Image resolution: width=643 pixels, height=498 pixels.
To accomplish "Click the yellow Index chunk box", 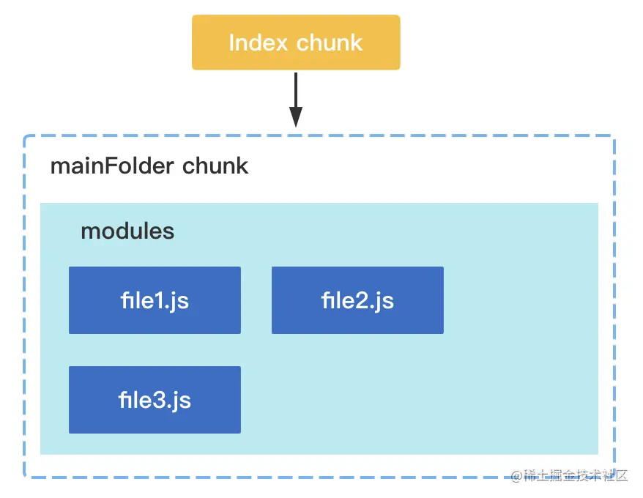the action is (x=296, y=42).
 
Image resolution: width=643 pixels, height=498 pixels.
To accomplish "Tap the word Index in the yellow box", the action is (x=258, y=42).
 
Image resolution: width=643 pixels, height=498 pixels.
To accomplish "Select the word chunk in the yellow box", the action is (x=330, y=42).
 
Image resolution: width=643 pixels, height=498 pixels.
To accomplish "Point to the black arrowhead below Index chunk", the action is (x=296, y=117).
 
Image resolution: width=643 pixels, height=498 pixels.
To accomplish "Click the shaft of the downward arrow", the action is (x=296, y=90).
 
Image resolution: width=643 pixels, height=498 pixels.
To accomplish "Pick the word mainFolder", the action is (x=112, y=166).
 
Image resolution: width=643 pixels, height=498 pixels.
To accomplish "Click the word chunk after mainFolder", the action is (x=215, y=166).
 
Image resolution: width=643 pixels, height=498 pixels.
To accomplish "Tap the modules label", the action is (x=127, y=231).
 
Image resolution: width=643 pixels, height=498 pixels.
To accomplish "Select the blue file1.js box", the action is (x=155, y=300).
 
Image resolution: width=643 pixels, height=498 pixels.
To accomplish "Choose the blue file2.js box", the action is (x=357, y=300).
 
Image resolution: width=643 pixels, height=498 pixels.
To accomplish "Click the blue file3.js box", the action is (x=155, y=400).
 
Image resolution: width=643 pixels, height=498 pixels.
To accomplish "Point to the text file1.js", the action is (x=155, y=301).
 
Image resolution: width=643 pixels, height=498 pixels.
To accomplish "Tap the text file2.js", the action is (x=357, y=301).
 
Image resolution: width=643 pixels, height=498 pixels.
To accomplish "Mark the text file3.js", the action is (x=155, y=401).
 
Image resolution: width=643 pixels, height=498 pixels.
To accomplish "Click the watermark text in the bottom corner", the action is (x=569, y=475).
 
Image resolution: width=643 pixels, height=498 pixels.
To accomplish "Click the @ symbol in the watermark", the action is (x=517, y=476).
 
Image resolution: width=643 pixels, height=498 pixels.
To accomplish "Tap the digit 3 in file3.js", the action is (x=159, y=401).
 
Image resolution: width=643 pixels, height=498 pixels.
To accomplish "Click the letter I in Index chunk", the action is (x=231, y=42).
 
